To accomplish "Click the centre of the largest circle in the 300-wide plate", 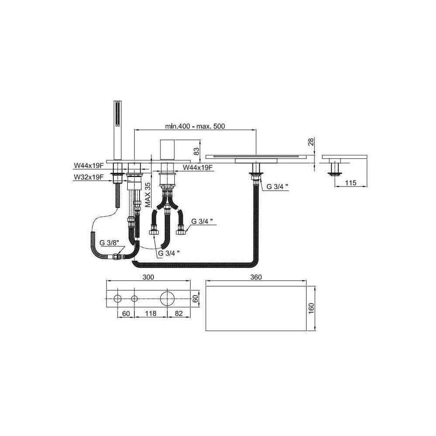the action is pyautogui.click(x=167, y=299).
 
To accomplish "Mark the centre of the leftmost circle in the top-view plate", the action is pyautogui.click(x=118, y=299).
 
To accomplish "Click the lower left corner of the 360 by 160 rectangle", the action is pyautogui.click(x=206, y=330).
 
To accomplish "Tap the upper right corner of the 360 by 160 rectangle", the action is pyautogui.click(x=306, y=286).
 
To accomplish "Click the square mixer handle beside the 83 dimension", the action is pyautogui.click(x=167, y=150).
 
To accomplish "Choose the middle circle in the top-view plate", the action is pyautogui.click(x=134, y=299).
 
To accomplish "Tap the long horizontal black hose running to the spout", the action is pyautogui.click(x=194, y=265).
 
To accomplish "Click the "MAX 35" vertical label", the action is pyautogui.click(x=148, y=194).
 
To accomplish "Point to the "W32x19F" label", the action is pyautogui.click(x=89, y=177).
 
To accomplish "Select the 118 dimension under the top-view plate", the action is pyautogui.click(x=151, y=313).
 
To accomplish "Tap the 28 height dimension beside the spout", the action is pyautogui.click(x=311, y=142).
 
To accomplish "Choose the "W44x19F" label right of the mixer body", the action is pyautogui.click(x=198, y=167).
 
